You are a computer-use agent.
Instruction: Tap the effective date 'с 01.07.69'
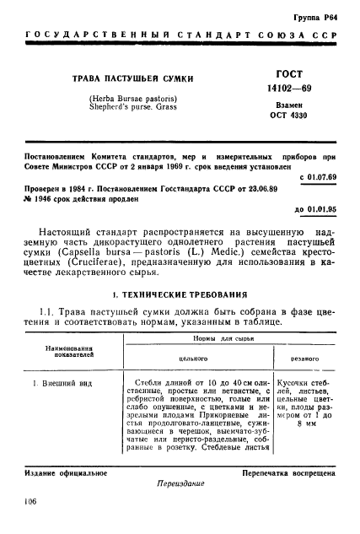316,179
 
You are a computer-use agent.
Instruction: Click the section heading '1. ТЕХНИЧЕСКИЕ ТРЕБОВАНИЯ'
180,296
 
